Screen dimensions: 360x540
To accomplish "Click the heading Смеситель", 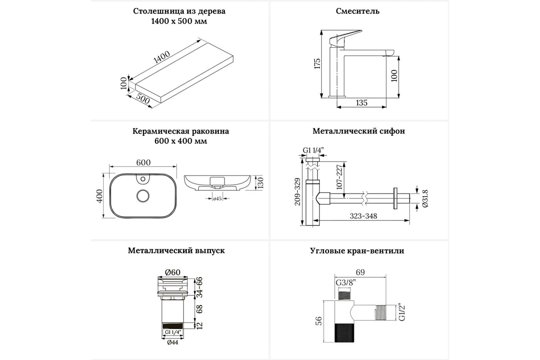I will coord(357,11).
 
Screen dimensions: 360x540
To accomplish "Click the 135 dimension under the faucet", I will coord(361,103).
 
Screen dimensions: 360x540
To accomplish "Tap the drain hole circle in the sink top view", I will coord(143,196).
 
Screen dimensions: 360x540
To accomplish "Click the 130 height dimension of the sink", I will coord(259,182).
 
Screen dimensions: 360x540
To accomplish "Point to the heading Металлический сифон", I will coord(359,131).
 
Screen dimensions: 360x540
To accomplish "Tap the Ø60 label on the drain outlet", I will coord(173,272).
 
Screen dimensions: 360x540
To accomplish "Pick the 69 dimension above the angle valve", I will coord(360,272).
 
